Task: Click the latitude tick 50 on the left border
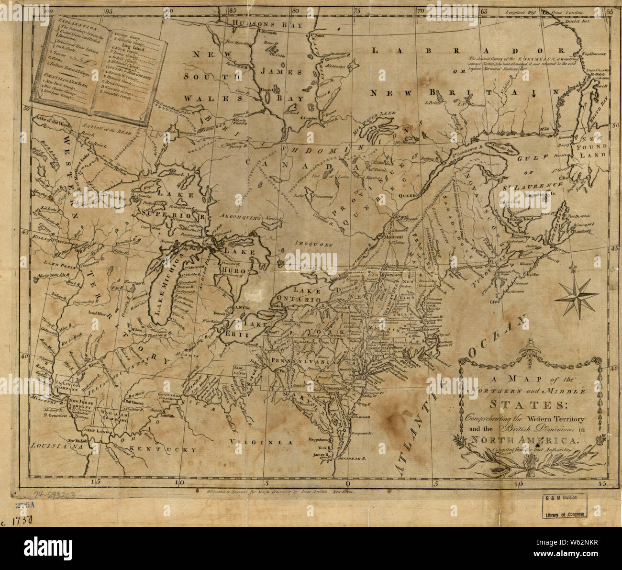click(x=27, y=109)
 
